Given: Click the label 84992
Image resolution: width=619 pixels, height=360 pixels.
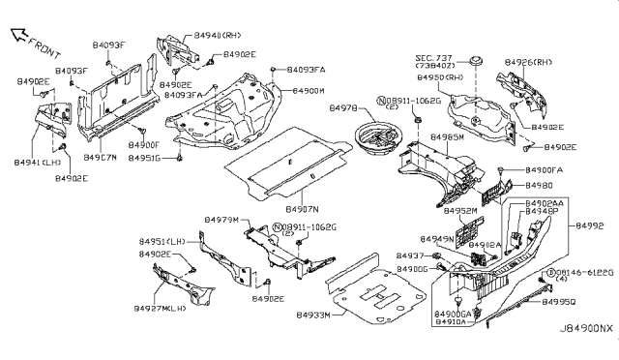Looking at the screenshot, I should pyautogui.click(x=591, y=225).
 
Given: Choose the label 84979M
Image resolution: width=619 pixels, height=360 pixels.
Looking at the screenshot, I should pyautogui.click(x=220, y=221).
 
